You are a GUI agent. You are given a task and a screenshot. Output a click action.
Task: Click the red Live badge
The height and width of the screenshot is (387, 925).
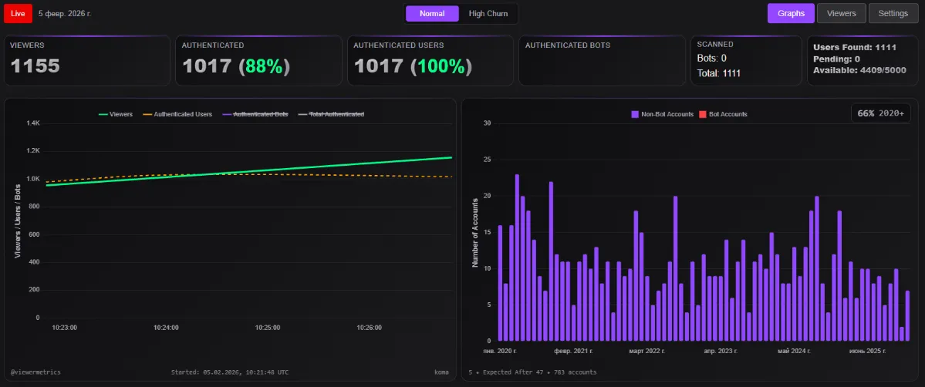point(18,13)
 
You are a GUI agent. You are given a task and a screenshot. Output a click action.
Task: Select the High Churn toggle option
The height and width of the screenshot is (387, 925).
point(488,13)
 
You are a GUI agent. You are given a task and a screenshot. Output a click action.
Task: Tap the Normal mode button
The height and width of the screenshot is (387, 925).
point(432,13)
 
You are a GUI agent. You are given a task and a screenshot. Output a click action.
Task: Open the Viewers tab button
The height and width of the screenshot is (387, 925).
point(841,13)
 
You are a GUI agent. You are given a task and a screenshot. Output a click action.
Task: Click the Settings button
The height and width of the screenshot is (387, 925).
point(893,13)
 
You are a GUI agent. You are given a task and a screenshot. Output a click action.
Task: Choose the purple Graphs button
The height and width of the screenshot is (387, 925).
point(791,13)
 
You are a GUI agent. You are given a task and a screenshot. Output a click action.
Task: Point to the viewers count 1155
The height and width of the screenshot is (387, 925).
point(35,66)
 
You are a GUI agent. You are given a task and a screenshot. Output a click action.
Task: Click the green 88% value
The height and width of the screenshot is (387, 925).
point(264,66)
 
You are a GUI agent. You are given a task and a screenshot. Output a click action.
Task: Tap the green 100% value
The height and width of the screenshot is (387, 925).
point(439,66)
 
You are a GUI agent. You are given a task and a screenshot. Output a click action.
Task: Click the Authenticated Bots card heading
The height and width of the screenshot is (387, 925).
point(567,45)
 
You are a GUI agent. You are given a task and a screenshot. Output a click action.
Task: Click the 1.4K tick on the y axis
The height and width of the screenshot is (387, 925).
point(32,123)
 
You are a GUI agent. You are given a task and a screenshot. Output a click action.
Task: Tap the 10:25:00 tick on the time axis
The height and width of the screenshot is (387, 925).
point(268,327)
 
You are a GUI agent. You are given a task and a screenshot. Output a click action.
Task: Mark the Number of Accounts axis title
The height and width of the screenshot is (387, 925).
point(475,232)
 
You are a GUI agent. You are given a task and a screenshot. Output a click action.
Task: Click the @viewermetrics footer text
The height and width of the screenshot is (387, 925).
point(35,372)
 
